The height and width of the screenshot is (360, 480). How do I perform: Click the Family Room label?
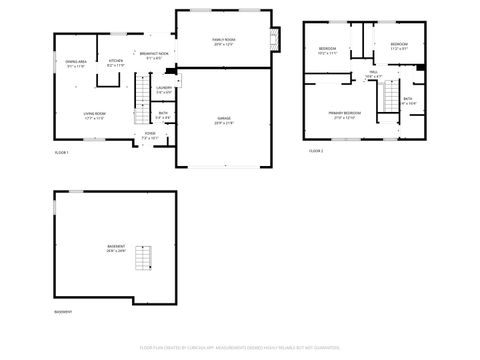point(222,41)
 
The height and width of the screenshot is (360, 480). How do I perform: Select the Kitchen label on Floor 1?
point(115,63)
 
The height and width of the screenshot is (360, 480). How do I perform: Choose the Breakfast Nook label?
point(154,55)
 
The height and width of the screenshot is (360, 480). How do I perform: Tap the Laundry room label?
point(163,90)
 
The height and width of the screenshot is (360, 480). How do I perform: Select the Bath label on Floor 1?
point(163,115)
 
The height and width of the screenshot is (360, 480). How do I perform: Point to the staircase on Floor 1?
point(141,106)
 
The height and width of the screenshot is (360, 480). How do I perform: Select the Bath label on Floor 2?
point(407,100)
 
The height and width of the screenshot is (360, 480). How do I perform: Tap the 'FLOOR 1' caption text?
point(61,151)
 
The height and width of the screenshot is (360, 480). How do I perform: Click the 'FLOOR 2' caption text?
point(315,151)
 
